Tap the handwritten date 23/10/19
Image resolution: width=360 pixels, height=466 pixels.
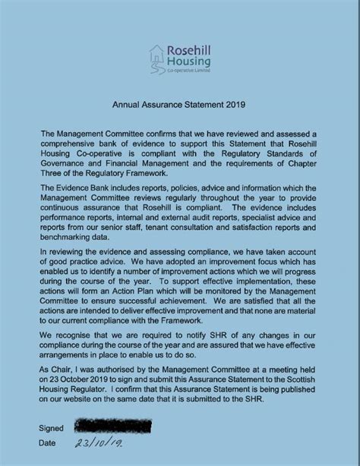[x=97, y=445]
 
